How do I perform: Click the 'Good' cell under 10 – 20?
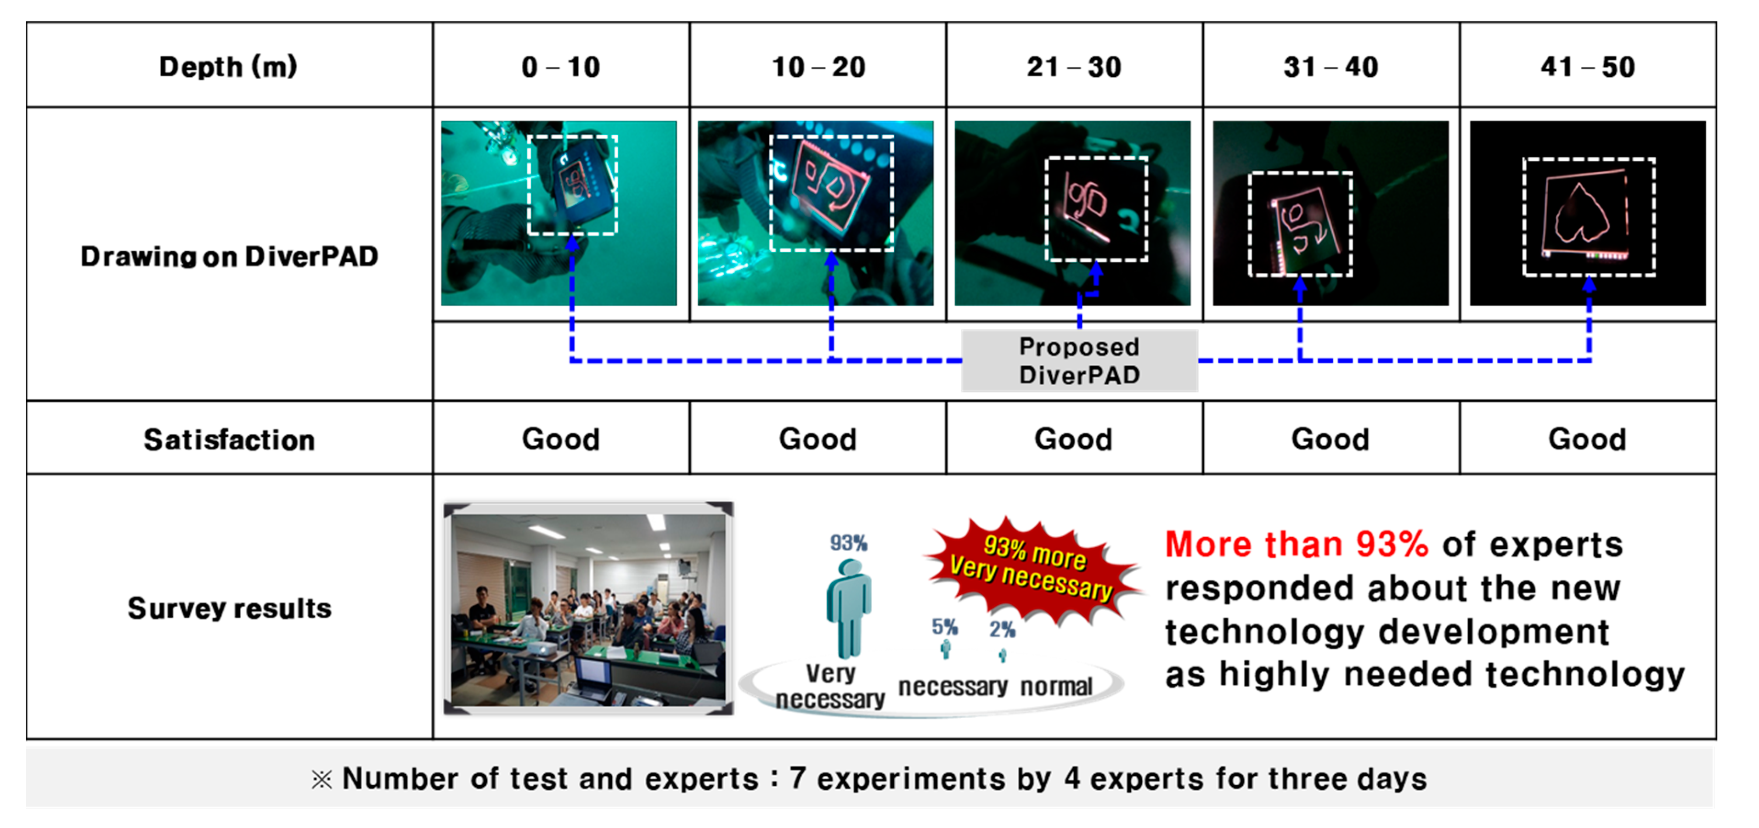(x=817, y=439)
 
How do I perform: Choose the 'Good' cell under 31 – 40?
(x=1330, y=439)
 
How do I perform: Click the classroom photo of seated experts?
(x=589, y=609)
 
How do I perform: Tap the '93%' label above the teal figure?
(x=849, y=543)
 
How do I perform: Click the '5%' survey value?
(x=945, y=627)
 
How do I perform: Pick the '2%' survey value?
(x=1003, y=629)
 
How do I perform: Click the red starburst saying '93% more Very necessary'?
(x=1032, y=569)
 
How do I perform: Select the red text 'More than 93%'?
(x=1297, y=545)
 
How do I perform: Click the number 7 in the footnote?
(x=798, y=778)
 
